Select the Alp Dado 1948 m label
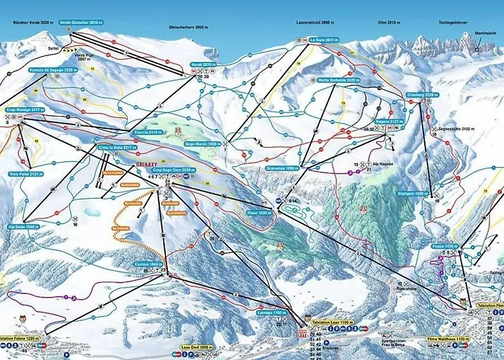click(22, 226)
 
